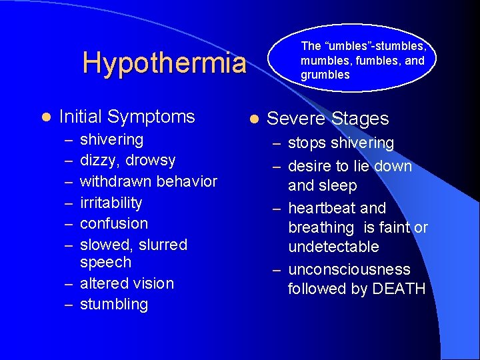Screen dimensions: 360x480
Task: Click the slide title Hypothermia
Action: (x=164, y=63)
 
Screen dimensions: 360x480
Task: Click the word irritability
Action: (x=111, y=203)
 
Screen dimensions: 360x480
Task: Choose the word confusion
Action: (x=113, y=223)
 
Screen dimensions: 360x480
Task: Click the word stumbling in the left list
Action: (x=113, y=305)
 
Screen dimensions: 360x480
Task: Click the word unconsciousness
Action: (x=349, y=269)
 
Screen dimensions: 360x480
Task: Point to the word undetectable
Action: (x=333, y=247)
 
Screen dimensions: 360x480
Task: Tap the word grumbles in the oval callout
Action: (x=325, y=75)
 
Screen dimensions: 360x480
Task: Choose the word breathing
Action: (x=321, y=227)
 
